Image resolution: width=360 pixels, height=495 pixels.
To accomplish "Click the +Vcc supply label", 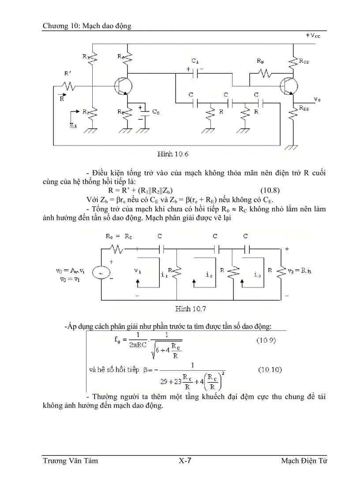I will click(x=312, y=36).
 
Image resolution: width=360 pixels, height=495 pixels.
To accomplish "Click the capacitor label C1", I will click(x=195, y=60).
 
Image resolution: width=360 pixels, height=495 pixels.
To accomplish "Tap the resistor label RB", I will click(x=260, y=61).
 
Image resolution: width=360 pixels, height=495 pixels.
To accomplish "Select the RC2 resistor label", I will click(x=304, y=62).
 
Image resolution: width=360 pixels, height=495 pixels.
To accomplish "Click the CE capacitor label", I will click(x=156, y=112).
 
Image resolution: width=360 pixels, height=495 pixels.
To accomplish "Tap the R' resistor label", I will click(x=67, y=74).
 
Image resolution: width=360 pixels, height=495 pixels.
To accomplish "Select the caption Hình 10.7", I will click(x=189, y=309).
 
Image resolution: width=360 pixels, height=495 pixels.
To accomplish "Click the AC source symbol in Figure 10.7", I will click(x=101, y=273).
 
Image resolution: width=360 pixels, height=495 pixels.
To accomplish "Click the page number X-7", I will click(x=184, y=461).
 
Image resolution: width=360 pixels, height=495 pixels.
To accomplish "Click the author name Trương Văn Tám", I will click(x=70, y=461).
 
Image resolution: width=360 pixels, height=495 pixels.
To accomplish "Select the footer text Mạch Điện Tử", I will click(x=304, y=461).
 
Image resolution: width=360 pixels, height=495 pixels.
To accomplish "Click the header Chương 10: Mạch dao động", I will click(x=87, y=26).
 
